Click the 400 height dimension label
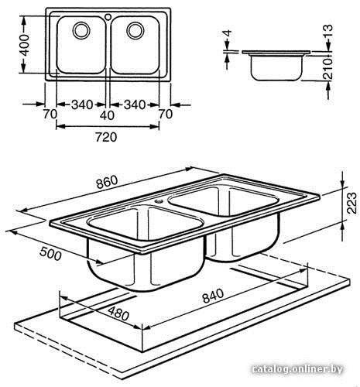click(x=25, y=45)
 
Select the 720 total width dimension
click(x=106, y=137)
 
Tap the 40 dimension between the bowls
click(x=107, y=115)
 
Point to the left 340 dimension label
click(x=82, y=104)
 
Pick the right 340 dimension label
click(x=135, y=104)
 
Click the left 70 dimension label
click(x=50, y=114)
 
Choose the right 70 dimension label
click(x=166, y=114)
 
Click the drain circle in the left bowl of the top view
click(x=81, y=30)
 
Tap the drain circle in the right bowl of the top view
click(x=135, y=31)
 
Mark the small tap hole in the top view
click(x=108, y=17)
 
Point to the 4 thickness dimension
click(x=227, y=33)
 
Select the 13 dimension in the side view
click(x=328, y=32)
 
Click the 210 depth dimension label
click(x=328, y=69)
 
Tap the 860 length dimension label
click(x=107, y=182)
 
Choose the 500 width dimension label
click(x=50, y=254)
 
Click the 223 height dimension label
click(x=351, y=203)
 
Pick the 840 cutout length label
click(x=213, y=296)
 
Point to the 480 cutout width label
click(x=118, y=313)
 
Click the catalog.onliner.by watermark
click(x=297, y=369)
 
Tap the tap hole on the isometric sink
click(x=159, y=200)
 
